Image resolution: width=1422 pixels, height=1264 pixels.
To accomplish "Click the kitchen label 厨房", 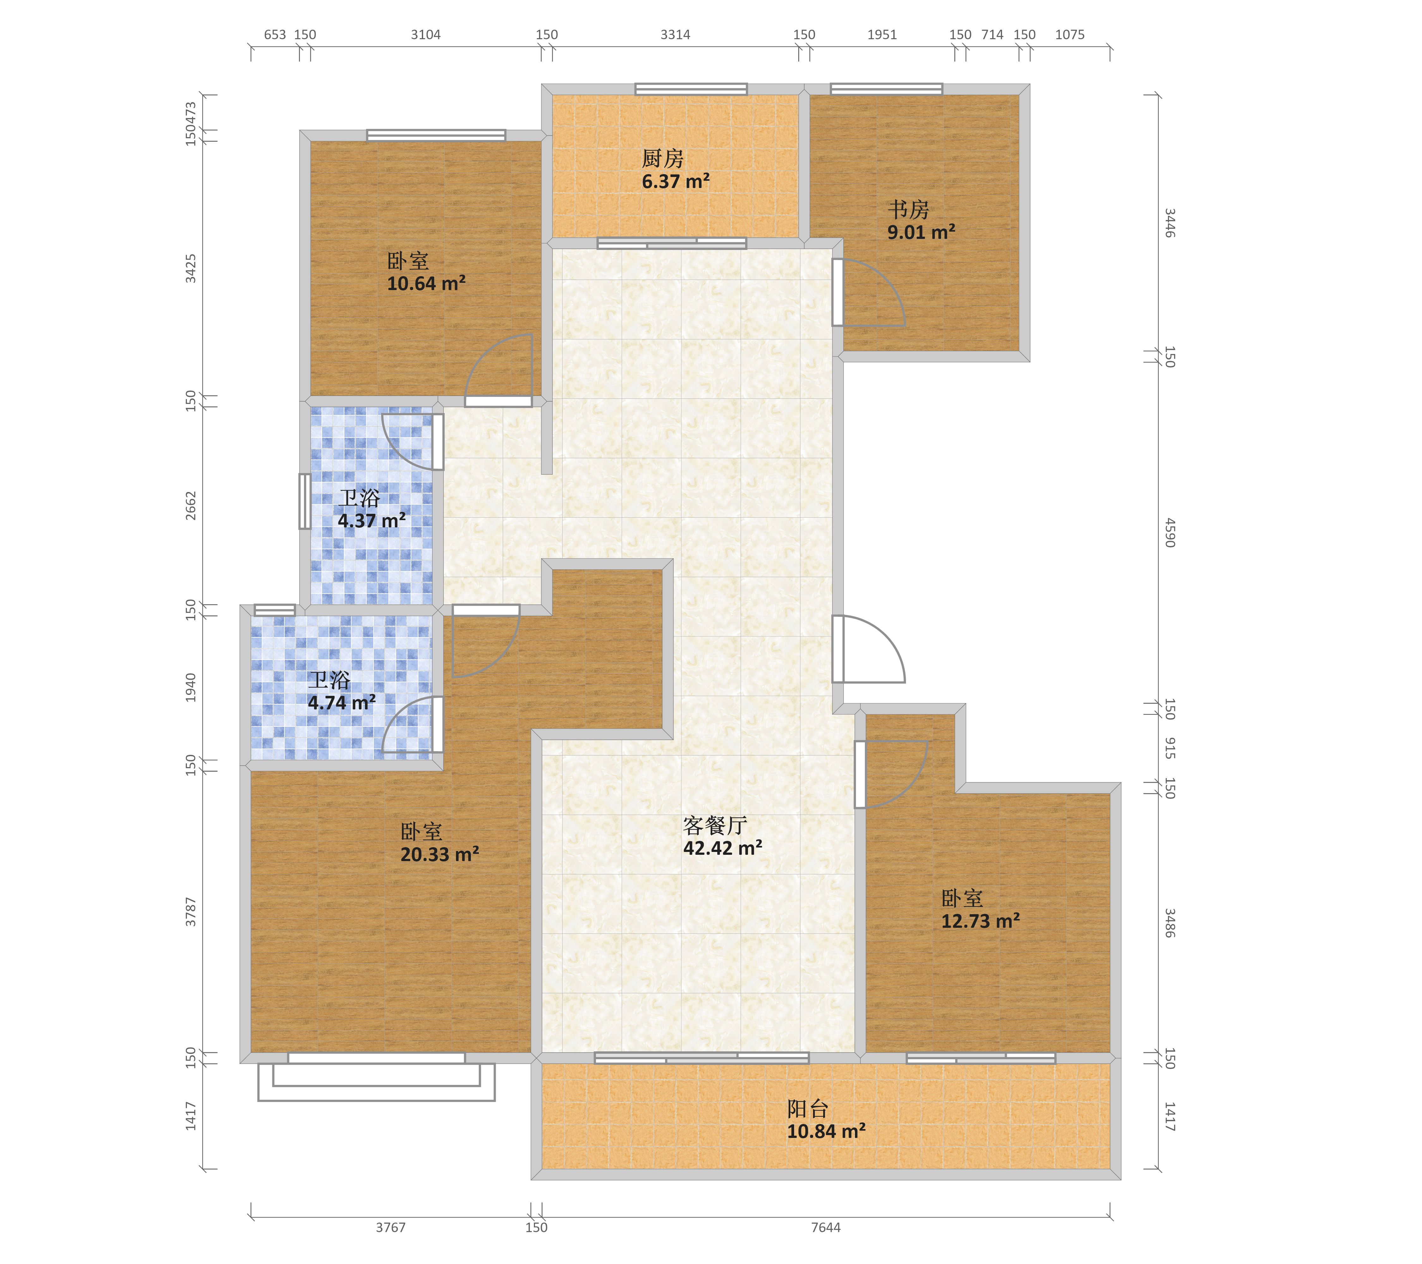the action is [662, 159].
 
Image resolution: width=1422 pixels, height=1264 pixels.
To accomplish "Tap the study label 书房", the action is [908, 210].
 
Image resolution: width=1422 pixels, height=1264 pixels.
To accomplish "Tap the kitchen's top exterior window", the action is [691, 89].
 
